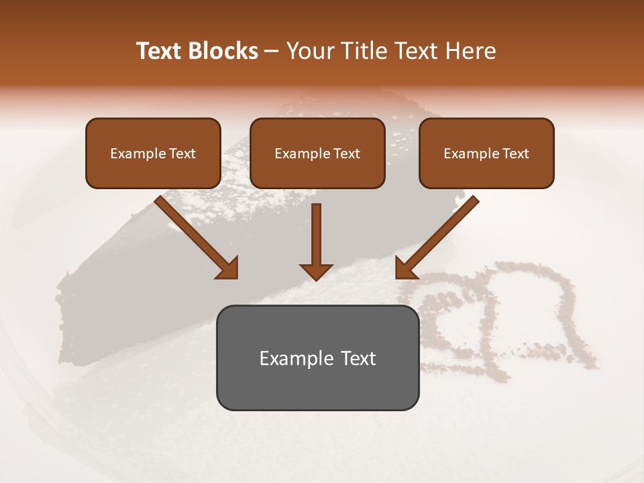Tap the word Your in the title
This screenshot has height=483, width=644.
click(307, 51)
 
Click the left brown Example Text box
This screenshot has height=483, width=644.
click(153, 153)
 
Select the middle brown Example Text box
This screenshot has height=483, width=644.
click(317, 153)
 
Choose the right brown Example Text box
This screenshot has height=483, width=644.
click(486, 153)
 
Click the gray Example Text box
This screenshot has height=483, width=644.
click(317, 358)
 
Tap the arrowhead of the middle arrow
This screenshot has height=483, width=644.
click(316, 272)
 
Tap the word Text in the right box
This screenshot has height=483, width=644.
click(515, 153)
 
